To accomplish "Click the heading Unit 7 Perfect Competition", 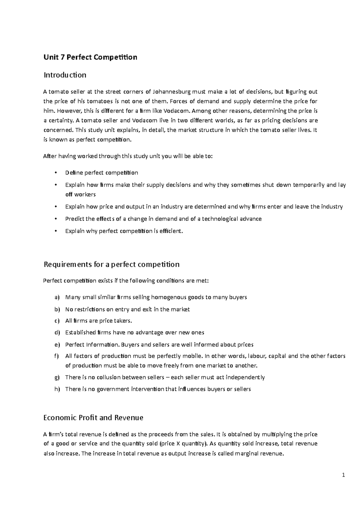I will (90, 57).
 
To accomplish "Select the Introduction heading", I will (65, 75).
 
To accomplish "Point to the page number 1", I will (344, 475).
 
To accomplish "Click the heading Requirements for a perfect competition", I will (111, 264).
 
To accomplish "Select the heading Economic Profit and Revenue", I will (93, 418).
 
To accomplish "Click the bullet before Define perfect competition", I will (56, 173).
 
